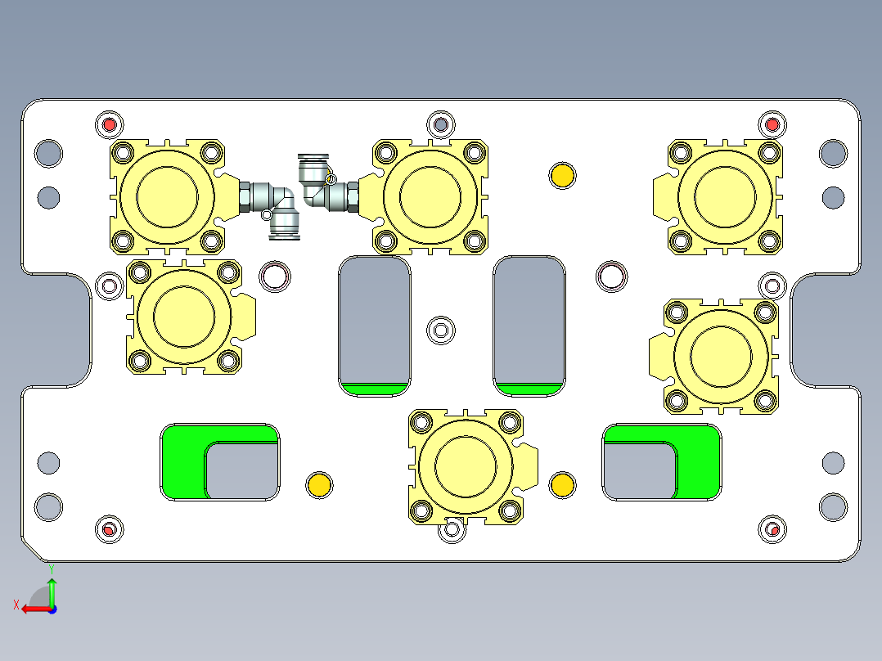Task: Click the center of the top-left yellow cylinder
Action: [167, 196]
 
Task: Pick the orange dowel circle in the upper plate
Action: [562, 175]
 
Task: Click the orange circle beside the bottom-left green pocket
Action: [319, 484]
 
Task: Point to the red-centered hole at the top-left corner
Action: [109, 125]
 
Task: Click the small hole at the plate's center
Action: [442, 330]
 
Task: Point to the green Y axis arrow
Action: [52, 589]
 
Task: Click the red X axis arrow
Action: [33, 608]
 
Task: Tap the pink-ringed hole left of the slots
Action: [275, 277]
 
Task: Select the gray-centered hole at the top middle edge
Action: [441, 124]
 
